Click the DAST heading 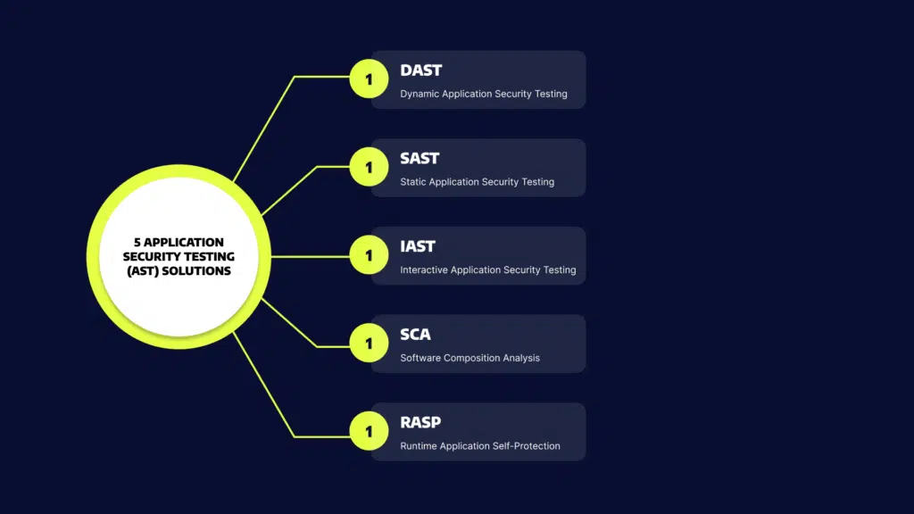421,70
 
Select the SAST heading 420,159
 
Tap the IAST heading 418,246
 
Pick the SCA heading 415,335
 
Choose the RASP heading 420,422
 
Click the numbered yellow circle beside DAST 369,79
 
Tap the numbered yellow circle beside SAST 369,167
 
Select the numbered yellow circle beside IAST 369,254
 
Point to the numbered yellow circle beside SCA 369,343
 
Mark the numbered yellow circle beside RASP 369,431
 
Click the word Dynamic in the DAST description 420,94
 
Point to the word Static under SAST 412,182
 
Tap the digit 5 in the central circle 137,243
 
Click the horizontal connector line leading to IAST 311,256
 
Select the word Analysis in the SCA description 521,359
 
